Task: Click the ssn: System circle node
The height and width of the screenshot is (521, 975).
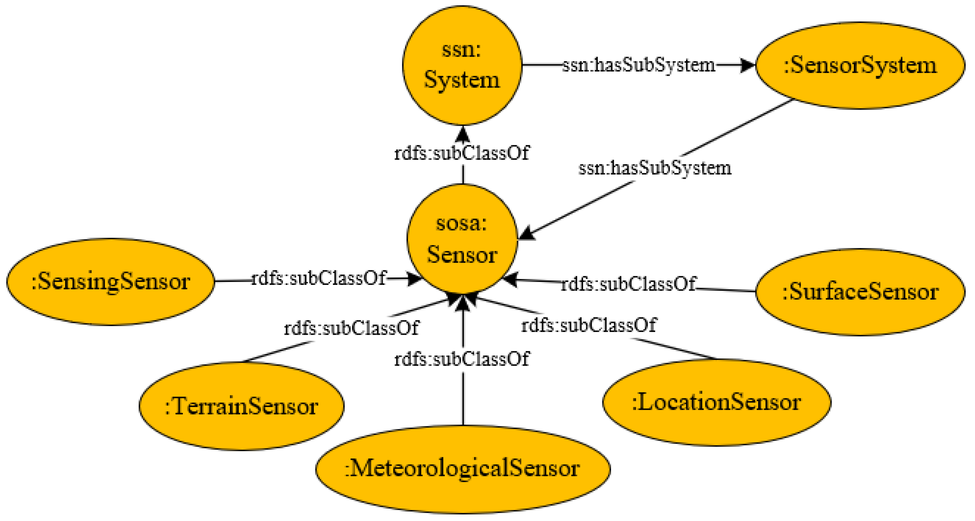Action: tap(462, 65)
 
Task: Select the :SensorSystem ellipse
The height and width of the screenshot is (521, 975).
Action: tap(860, 65)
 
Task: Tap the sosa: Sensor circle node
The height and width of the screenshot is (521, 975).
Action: tap(462, 239)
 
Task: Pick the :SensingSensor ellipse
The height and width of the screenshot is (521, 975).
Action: tap(111, 282)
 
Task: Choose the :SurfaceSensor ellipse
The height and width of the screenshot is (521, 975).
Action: tap(860, 291)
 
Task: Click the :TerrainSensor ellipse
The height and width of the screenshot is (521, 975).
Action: tap(242, 406)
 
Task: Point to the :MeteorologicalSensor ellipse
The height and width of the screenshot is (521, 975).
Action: tap(462, 469)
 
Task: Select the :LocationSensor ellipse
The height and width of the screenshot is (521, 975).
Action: tap(716, 402)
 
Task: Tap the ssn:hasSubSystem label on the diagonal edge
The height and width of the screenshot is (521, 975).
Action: tap(655, 168)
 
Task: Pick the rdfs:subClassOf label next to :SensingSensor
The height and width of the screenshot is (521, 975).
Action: tap(319, 278)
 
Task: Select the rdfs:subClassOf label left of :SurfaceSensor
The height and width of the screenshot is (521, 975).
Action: tap(628, 284)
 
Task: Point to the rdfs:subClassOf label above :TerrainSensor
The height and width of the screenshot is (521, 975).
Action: tap(351, 328)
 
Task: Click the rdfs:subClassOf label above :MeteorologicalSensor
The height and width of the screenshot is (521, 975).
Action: tap(462, 359)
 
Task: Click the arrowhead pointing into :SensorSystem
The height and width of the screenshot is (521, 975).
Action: tap(748, 65)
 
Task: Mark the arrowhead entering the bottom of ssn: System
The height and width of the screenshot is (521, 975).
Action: tap(462, 134)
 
